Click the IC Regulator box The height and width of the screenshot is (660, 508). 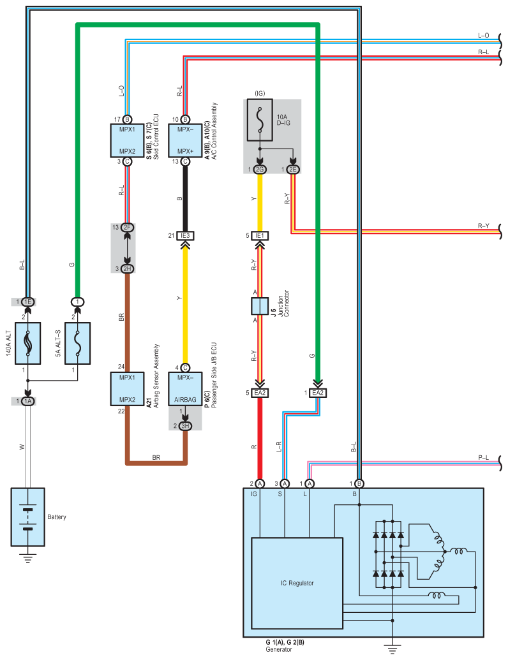pos(297,583)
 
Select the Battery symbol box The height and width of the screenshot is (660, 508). pos(27,517)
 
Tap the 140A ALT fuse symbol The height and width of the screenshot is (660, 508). pos(27,343)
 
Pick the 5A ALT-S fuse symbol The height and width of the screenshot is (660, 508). pos(77,343)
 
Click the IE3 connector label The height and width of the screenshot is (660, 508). pos(186,235)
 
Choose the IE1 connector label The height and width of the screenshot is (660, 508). pos(260,235)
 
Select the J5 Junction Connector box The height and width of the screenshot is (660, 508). pos(260,306)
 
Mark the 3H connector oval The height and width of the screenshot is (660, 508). pos(186,425)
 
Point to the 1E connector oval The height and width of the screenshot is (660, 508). pos(27,301)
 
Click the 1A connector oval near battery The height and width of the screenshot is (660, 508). pos(27,401)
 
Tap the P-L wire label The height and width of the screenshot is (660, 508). pos(484,458)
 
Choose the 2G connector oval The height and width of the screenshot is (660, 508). pos(260,169)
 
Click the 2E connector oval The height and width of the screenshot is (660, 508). pos(293,169)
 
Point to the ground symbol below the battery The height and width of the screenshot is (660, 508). pos(27,559)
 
